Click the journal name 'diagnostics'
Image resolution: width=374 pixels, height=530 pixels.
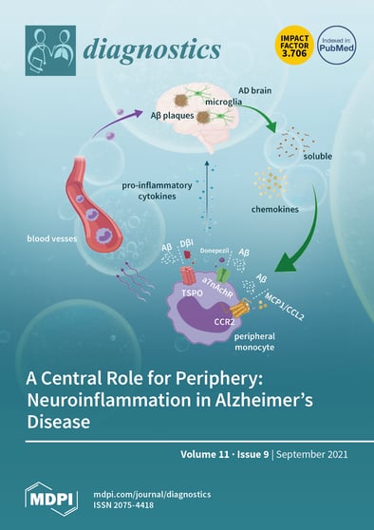[x=154, y=49]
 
